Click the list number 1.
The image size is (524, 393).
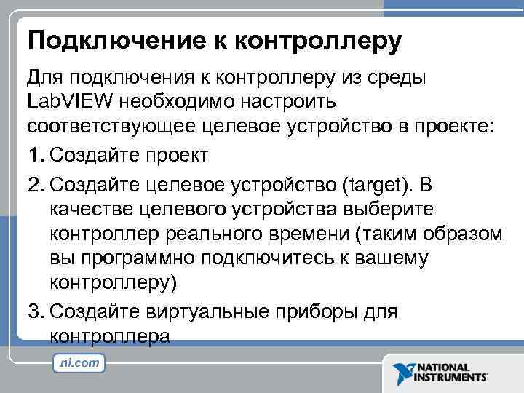pos(34,154)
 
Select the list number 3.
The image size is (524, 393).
pos(34,311)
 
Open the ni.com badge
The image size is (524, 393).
pos(79,362)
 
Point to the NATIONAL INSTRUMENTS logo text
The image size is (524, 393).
pos(451,372)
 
